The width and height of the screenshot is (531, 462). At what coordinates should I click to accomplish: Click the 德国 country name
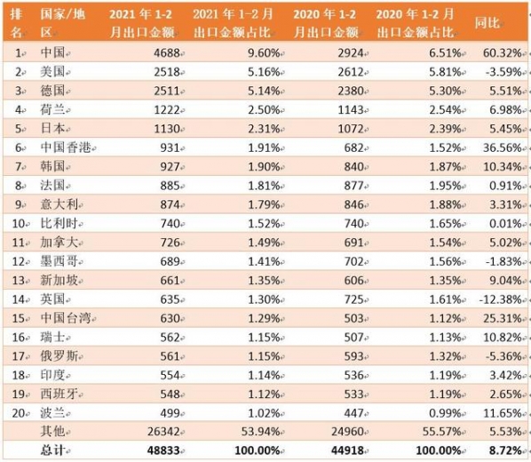[x=52, y=88]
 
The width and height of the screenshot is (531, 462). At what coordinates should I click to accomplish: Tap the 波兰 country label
[x=52, y=413]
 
